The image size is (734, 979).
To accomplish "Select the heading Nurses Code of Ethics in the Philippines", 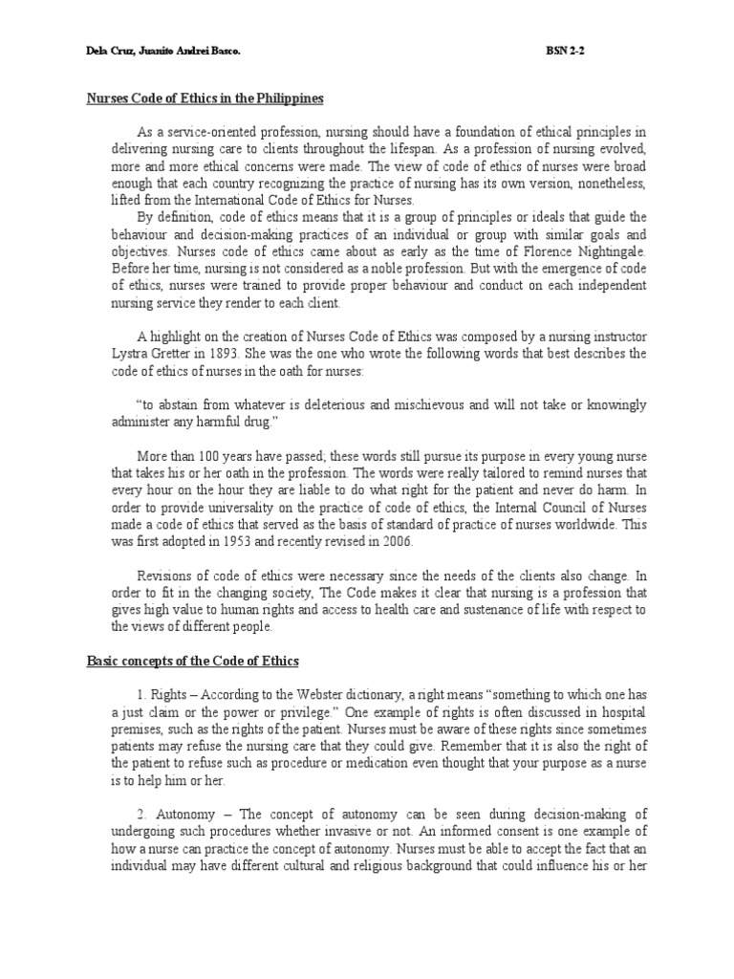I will (x=206, y=98).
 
